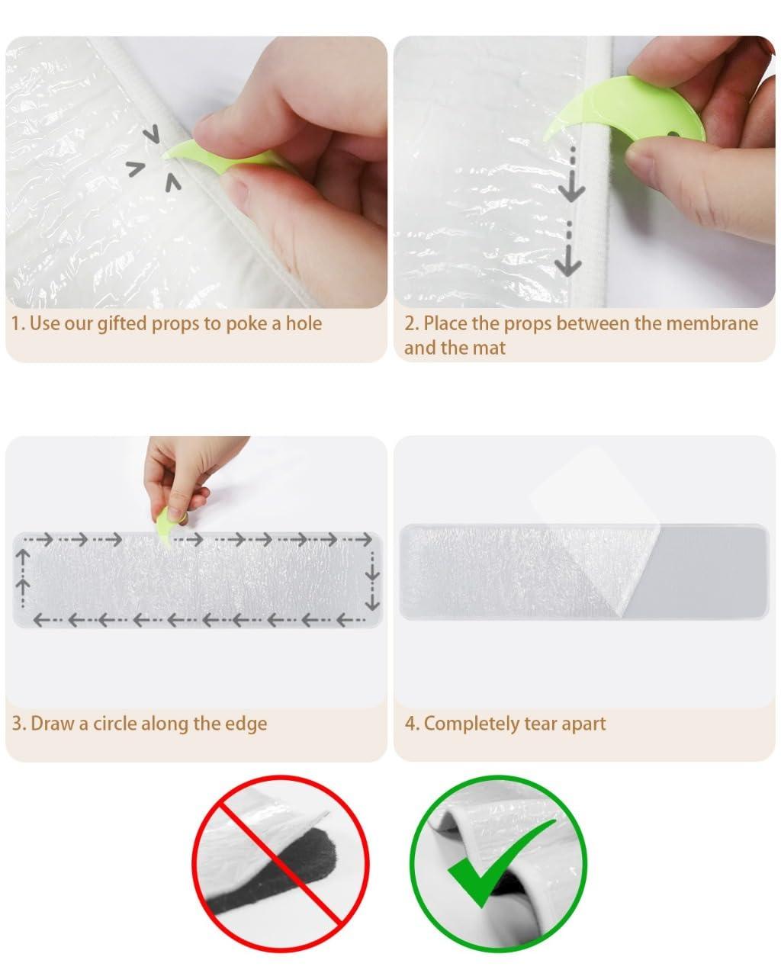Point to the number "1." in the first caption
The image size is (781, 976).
[x=18, y=324]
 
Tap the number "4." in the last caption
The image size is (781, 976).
[x=412, y=724]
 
